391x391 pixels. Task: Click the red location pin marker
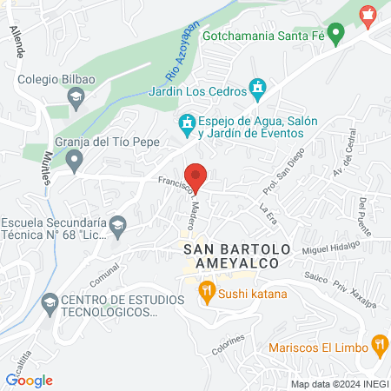(196, 177)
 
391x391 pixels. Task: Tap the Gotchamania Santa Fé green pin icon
(340, 36)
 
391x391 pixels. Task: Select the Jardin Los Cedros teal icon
(256, 88)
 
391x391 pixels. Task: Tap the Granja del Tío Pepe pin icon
(75, 158)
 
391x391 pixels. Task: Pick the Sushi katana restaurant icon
(206, 291)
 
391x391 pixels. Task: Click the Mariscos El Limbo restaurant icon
(379, 345)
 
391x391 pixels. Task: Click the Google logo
(29, 380)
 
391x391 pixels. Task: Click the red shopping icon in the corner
(368, 15)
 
